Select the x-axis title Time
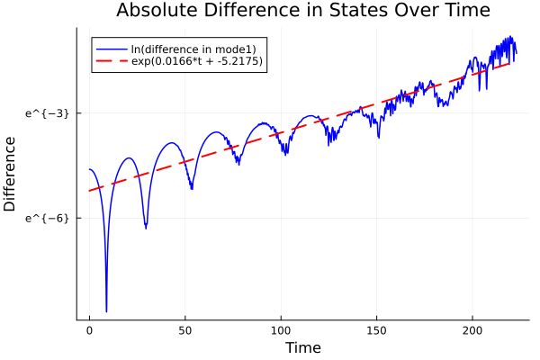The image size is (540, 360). (x=302, y=347)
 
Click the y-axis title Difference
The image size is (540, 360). (x=11, y=174)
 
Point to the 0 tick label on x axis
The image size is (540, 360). (x=89, y=330)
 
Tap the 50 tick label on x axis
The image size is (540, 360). (x=184, y=330)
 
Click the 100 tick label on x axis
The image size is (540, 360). (x=281, y=330)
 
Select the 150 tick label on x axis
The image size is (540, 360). (x=376, y=330)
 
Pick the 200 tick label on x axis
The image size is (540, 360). (x=472, y=330)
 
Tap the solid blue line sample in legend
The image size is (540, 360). (x=111, y=48)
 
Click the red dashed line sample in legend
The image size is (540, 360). (x=111, y=61)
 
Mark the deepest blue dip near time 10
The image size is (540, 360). (x=106, y=311)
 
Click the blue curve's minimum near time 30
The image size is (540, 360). (x=146, y=227)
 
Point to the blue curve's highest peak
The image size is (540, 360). (x=511, y=37)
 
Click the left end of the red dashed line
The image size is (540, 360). (x=89, y=191)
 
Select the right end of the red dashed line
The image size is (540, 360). (x=510, y=63)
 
